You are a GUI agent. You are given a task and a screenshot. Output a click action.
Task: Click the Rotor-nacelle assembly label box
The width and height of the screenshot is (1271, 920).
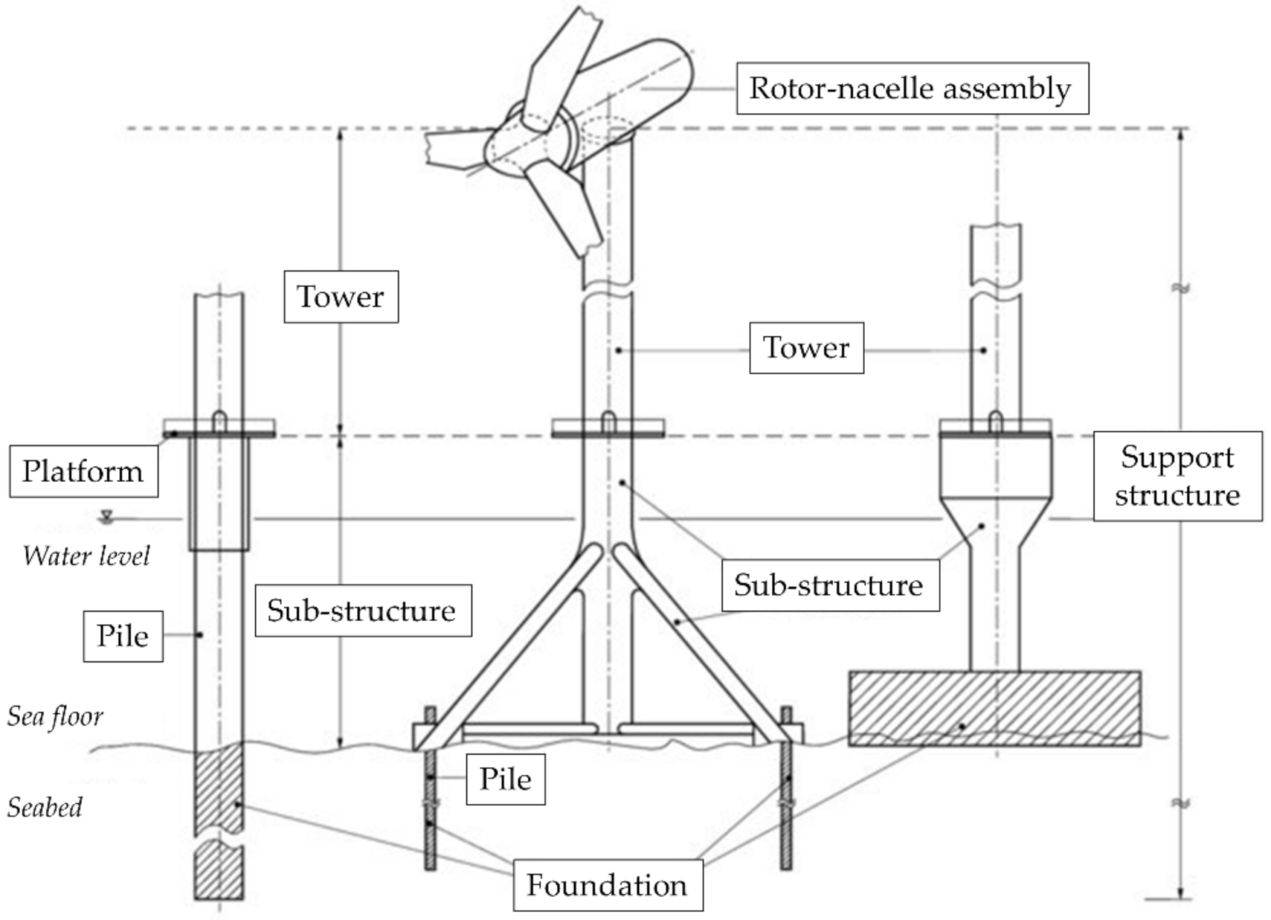click(x=911, y=88)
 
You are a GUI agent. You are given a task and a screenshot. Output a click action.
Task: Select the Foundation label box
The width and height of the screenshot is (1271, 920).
click(x=608, y=884)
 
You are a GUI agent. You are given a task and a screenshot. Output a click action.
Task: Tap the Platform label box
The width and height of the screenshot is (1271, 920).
click(x=83, y=471)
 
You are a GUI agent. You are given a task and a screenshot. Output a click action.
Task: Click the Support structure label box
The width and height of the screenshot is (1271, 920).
click(x=1177, y=476)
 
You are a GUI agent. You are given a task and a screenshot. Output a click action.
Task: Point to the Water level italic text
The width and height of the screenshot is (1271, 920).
click(x=86, y=556)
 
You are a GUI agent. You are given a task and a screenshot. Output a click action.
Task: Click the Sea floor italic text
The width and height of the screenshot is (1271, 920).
click(x=55, y=716)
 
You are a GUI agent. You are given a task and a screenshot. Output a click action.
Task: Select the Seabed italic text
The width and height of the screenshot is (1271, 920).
click(x=45, y=807)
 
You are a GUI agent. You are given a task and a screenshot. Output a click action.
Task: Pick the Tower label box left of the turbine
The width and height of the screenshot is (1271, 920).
click(x=341, y=297)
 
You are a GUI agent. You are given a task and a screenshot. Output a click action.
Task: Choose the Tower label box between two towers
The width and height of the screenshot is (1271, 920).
click(x=806, y=348)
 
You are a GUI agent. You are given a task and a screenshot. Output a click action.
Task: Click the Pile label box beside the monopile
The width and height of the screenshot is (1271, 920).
click(x=123, y=636)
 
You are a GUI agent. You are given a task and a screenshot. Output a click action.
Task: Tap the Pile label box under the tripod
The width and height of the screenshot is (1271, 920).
click(x=505, y=779)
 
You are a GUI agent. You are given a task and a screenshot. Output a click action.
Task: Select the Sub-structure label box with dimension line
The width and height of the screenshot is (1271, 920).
click(x=363, y=610)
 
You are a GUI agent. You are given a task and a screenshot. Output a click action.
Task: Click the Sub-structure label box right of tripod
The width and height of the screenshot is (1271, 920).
click(x=829, y=585)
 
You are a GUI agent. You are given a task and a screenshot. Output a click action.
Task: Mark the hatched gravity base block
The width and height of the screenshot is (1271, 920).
click(x=994, y=708)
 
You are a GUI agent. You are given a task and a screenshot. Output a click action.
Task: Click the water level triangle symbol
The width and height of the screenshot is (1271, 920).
click(x=107, y=515)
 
